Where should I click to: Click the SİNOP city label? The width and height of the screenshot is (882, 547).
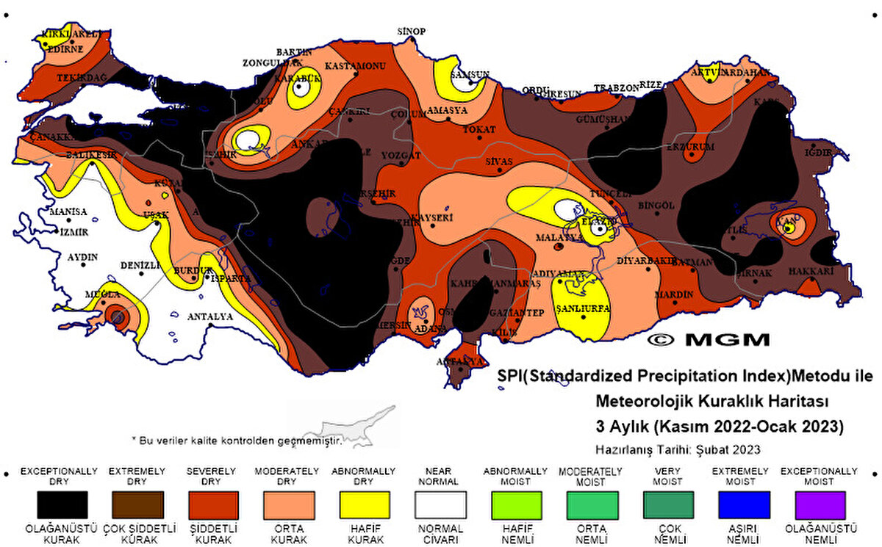coord(412,31)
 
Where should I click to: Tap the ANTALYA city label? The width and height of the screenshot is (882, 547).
coord(210,317)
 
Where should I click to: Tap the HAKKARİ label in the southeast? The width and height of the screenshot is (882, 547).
coord(811,271)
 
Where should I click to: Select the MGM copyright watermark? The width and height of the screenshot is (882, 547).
coord(709,339)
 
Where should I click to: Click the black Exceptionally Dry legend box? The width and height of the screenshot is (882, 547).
coord(62,505)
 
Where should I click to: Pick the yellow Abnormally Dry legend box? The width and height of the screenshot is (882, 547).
coord(365,505)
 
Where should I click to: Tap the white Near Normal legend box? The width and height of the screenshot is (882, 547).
coord(440,505)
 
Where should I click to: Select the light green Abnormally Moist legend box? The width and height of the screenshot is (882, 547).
coord(516,505)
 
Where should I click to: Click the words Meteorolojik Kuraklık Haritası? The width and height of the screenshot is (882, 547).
coord(711,402)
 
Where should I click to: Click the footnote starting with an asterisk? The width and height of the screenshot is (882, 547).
coord(237,440)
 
